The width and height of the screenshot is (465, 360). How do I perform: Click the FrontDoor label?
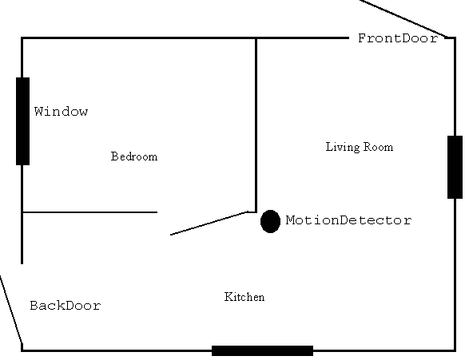[398, 38]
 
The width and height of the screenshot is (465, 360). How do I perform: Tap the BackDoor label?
[66, 306]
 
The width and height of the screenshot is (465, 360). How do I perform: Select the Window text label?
[61, 112]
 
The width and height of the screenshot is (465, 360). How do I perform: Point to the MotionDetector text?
[348, 220]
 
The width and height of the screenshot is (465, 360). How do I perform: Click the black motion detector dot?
[270, 221]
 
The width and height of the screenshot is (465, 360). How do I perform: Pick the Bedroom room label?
[134, 156]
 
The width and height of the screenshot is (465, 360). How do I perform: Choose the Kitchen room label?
[244, 297]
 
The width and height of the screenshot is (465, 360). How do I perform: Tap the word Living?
[343, 147]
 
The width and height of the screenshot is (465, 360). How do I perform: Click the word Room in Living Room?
[379, 147]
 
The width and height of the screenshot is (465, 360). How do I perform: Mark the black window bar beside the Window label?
[22, 121]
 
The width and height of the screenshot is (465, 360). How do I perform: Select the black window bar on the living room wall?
[455, 167]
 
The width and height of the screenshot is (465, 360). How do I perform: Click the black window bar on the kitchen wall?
[262, 350]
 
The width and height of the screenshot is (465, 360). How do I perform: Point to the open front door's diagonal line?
[403, 18]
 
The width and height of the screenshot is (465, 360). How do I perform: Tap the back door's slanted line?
[11, 310]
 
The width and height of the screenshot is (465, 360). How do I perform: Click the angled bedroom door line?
[209, 224]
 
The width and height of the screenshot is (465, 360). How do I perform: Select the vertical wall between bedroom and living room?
[256, 125]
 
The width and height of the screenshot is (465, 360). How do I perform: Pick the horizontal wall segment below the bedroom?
[89, 212]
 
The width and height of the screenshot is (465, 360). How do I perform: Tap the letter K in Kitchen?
[229, 297]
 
